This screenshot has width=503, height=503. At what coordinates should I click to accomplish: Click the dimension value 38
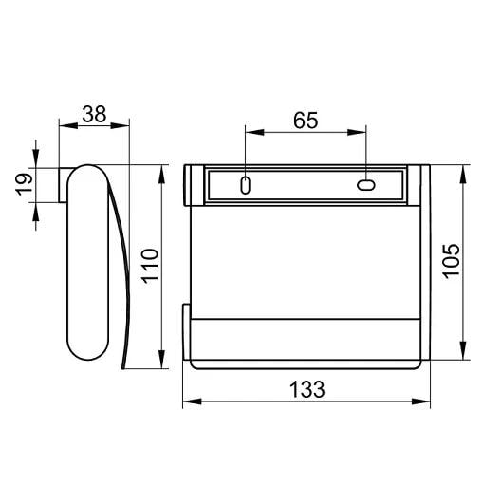pyautogui.click(x=94, y=114)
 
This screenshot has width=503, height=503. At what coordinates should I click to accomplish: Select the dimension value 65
pyautogui.click(x=306, y=120)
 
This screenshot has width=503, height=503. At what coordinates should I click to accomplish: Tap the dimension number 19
pyautogui.click(x=25, y=184)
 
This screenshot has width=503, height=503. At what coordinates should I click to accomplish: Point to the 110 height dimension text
pyautogui.click(x=150, y=266)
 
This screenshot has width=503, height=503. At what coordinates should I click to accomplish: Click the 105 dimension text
pyautogui.click(x=451, y=261)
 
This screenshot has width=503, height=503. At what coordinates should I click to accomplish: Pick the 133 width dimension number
pyautogui.click(x=307, y=389)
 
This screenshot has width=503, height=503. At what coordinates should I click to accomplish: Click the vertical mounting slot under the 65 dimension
pyautogui.click(x=245, y=185)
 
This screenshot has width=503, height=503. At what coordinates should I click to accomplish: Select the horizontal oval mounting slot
pyautogui.click(x=366, y=185)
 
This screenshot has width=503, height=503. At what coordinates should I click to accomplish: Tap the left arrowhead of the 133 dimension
pyautogui.click(x=192, y=401)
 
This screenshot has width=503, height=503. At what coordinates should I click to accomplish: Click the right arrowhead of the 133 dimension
pyautogui.click(x=420, y=401)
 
